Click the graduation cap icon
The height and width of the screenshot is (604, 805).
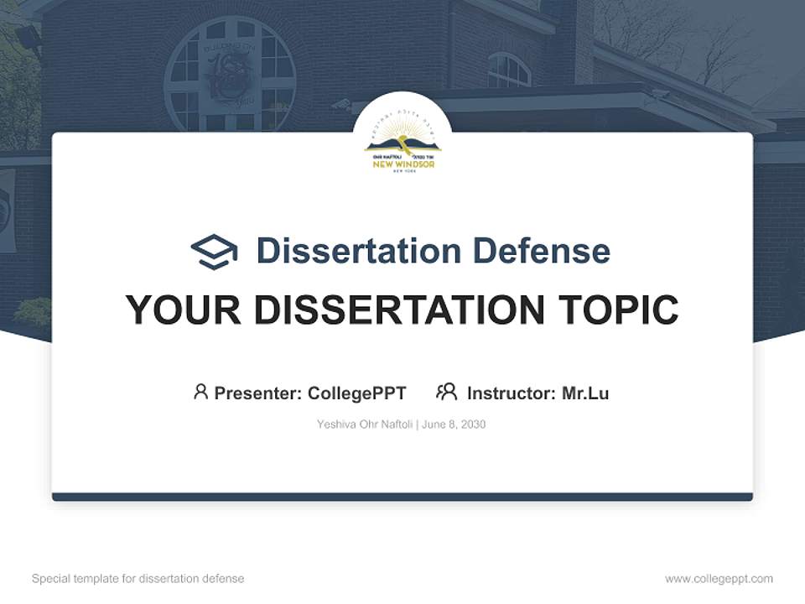click(214, 252)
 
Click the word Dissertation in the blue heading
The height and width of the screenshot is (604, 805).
click(358, 251)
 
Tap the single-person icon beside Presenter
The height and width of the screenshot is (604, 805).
click(200, 392)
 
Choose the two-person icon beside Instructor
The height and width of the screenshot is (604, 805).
click(446, 392)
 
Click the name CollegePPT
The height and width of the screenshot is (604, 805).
click(357, 393)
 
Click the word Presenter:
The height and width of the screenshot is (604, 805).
click(258, 393)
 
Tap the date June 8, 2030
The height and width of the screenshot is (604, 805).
click(454, 424)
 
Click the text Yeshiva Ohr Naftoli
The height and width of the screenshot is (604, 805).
click(365, 424)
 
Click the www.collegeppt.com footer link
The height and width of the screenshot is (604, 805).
click(719, 579)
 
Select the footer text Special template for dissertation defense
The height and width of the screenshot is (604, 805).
click(138, 579)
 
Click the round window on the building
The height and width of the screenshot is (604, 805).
click(230, 76)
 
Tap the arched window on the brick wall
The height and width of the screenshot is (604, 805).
click(508, 70)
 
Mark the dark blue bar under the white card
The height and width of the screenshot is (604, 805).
click(402, 497)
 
